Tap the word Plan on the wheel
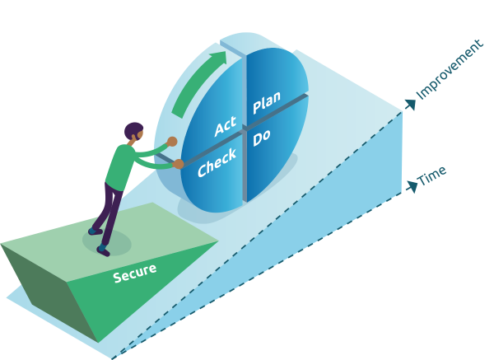(267, 103)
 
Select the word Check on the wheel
(217, 161)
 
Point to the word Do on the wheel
(262, 138)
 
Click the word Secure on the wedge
(134, 273)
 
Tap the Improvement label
(450, 69)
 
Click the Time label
(432, 175)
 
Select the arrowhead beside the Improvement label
(410, 105)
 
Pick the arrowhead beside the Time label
(412, 186)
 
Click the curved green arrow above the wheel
(198, 82)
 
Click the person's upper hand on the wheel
(172, 142)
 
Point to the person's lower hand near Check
(178, 165)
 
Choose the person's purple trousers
(111, 210)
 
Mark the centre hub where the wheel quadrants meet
(245, 129)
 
